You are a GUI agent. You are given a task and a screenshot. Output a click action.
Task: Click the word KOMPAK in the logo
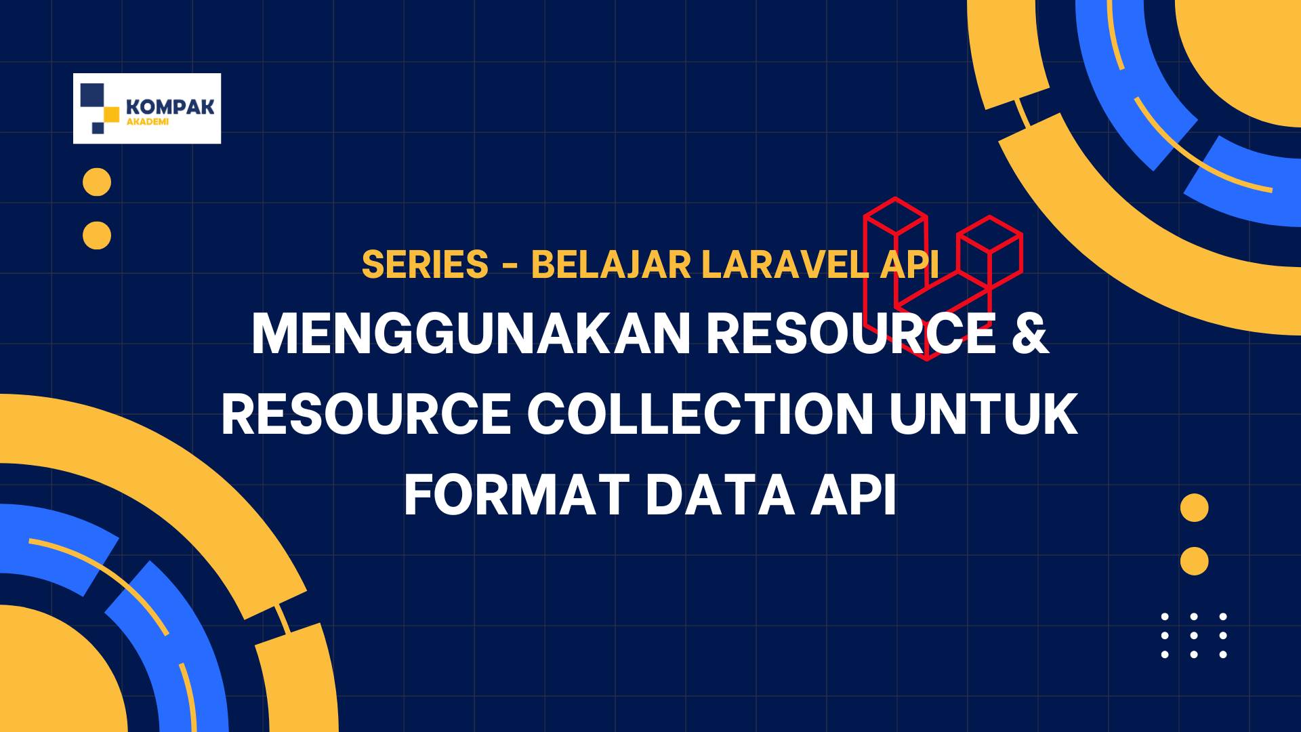(170, 107)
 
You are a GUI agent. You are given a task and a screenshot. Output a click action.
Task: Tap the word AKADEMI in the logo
(148, 122)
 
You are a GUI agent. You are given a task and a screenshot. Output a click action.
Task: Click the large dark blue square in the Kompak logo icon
(92, 95)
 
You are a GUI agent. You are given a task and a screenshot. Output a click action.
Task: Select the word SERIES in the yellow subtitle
(425, 264)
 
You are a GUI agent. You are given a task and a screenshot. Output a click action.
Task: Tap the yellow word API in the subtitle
(909, 264)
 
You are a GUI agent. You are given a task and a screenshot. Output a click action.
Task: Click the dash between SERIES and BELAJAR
(510, 266)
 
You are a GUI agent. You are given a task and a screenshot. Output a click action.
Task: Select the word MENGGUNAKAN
(471, 333)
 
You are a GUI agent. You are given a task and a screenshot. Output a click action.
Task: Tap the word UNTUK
(983, 414)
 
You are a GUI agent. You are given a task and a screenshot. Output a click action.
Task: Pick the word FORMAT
(516, 495)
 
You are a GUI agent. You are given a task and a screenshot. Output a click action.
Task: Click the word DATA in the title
(720, 495)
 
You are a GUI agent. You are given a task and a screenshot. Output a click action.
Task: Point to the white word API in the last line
(854, 495)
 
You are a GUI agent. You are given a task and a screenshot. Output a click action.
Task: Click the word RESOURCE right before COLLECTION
(367, 414)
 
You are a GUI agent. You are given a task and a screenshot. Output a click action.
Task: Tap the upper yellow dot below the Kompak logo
(97, 182)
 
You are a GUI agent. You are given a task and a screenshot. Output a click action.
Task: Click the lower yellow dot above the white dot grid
(1194, 561)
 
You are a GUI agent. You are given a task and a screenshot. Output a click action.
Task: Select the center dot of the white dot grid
(1194, 636)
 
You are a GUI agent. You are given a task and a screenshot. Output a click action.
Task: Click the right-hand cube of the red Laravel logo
(990, 251)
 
